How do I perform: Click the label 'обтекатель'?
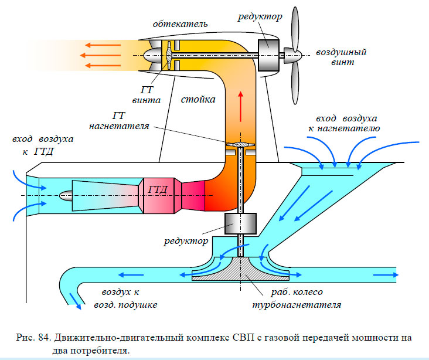[x=179, y=24]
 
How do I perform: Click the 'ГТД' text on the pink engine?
[x=158, y=189]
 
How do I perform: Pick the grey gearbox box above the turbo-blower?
[x=241, y=223]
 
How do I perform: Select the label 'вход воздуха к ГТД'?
[x=42, y=145]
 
